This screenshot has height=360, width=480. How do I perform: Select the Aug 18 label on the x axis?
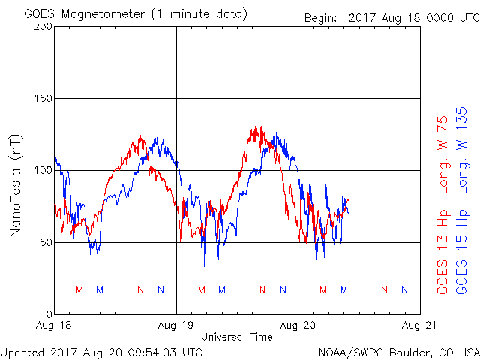[55, 325]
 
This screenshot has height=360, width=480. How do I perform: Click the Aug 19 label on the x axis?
[176, 325]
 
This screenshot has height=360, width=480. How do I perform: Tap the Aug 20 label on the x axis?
[298, 325]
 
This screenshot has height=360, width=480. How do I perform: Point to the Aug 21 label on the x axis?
[420, 325]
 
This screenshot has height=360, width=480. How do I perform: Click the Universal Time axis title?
[237, 337]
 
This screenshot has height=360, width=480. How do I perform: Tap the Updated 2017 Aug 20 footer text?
[101, 351]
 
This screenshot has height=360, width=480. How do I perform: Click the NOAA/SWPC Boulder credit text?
[398, 351]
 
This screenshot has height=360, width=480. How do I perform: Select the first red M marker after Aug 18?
[79, 289]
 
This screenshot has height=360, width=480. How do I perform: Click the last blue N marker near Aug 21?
[404, 289]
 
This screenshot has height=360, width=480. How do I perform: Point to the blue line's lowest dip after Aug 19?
[204, 265]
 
